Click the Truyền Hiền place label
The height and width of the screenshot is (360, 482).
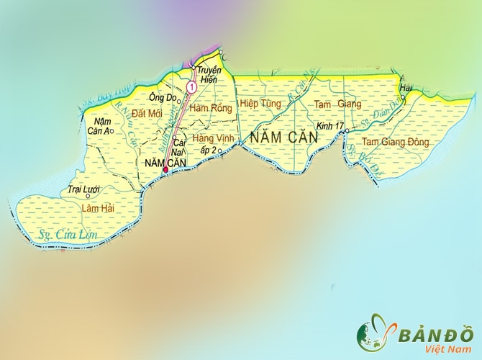click(207, 75)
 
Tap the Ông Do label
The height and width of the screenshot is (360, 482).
click(161, 97)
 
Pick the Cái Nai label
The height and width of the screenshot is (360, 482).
click(180, 148)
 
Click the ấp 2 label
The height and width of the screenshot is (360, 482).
click(209, 150)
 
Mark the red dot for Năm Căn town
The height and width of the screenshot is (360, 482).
click(166, 170)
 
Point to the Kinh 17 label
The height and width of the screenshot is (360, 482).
click(329, 126)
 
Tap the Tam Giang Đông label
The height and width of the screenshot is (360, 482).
click(395, 142)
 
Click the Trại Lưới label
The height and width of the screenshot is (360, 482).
click(82, 189)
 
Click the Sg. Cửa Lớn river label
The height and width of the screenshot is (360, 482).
click(67, 235)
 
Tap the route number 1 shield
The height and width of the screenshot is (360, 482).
click(191, 87)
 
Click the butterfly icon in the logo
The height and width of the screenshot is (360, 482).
click(375, 335)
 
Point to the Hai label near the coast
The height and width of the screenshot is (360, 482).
click(406, 88)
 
